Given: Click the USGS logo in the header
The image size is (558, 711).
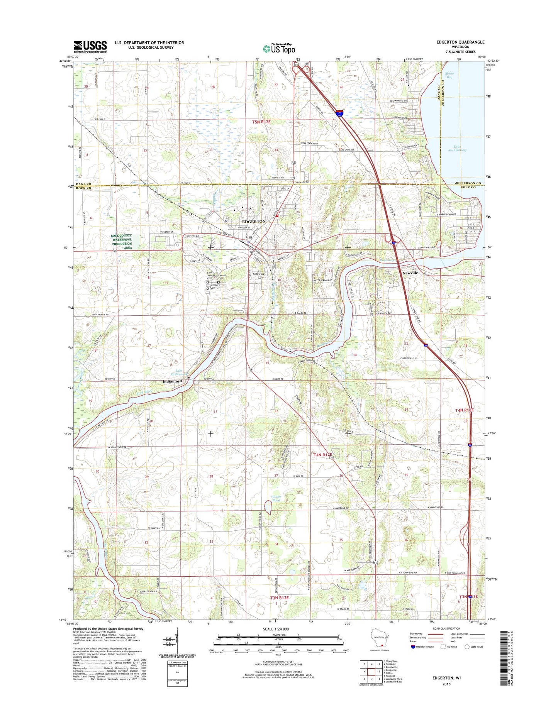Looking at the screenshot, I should point(90,47).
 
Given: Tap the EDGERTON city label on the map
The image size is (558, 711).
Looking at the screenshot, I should point(253,222).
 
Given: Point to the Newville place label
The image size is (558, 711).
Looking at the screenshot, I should point(410,273).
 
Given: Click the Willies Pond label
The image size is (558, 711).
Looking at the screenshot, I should point(276,498).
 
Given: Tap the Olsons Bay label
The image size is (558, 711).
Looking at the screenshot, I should point(449,75).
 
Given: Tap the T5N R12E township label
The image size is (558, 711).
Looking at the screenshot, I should point(261,122).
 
